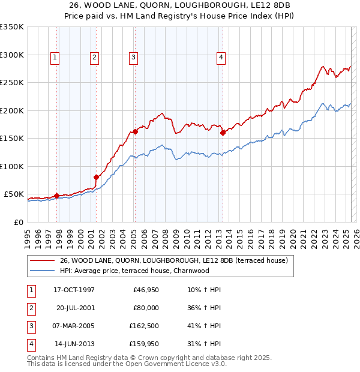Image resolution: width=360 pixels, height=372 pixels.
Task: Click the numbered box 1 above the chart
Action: [55, 58]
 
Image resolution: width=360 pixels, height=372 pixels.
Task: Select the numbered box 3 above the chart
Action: [133, 58]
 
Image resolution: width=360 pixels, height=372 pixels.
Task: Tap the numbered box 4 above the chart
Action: [221, 58]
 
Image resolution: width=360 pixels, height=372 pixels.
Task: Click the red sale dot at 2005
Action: [136, 131]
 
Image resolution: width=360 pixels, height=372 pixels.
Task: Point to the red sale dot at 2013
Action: [223, 133]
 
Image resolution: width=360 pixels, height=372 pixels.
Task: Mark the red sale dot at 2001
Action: [96, 177]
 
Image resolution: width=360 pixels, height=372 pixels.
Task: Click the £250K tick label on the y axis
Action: [12, 82]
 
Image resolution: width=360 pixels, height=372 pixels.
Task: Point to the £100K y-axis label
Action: [12, 166]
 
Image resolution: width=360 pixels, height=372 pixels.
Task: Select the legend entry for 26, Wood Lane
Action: [174, 260]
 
